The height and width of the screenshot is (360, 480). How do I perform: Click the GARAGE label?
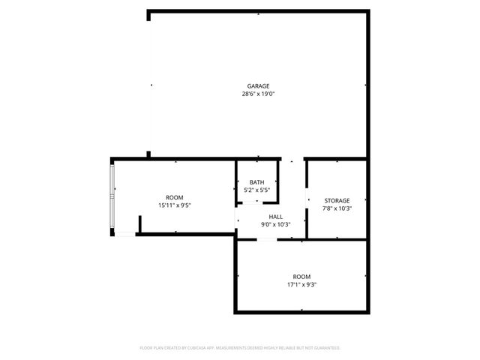pyautogui.click(x=258, y=85)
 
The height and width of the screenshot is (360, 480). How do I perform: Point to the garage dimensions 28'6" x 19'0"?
pyautogui.click(x=258, y=94)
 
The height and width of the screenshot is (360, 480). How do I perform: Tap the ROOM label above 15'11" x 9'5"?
pyautogui.click(x=174, y=197)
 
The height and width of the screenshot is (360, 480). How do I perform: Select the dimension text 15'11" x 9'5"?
pyautogui.click(x=174, y=205)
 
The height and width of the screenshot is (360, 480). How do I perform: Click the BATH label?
pyautogui.click(x=257, y=182)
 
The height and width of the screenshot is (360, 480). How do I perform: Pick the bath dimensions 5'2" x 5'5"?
pyautogui.click(x=257, y=190)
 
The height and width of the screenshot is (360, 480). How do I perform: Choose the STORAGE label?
pyautogui.click(x=337, y=200)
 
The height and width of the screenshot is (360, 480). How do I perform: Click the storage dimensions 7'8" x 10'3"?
pyautogui.click(x=337, y=208)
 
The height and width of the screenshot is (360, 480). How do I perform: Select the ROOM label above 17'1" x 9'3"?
pyautogui.click(x=301, y=276)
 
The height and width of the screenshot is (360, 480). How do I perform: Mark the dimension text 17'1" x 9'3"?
pyautogui.click(x=301, y=284)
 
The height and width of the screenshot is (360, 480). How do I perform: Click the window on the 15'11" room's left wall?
pyautogui.click(x=112, y=197)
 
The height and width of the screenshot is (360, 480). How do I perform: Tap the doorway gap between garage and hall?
pyautogui.click(x=292, y=159)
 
